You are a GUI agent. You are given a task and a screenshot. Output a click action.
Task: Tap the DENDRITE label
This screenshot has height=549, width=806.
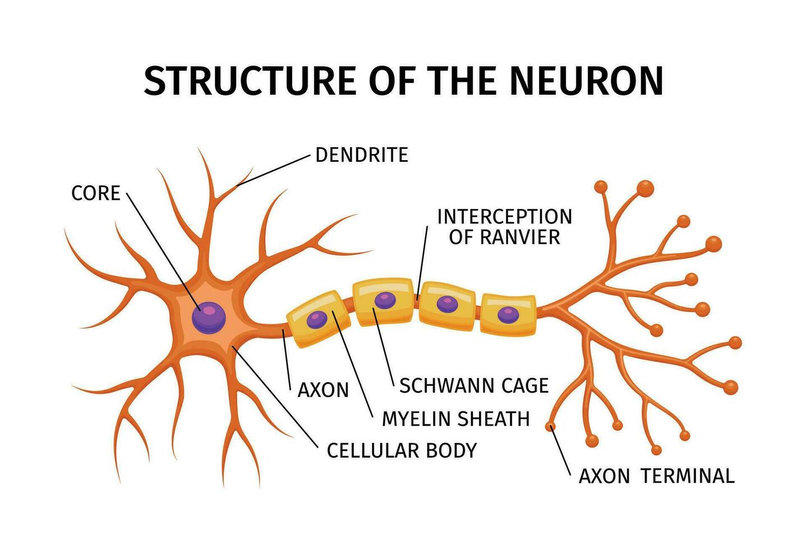362,155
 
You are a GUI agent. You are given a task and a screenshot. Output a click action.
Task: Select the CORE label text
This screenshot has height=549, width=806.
96,193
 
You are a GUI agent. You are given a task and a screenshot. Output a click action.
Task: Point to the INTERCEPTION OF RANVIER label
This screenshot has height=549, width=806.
504,226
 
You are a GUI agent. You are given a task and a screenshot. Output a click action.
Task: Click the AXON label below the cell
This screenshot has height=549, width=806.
323,390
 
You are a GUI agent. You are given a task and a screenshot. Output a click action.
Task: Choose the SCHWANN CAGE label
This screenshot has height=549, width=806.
474,385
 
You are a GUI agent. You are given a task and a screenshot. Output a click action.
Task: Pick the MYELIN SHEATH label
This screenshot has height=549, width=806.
455,418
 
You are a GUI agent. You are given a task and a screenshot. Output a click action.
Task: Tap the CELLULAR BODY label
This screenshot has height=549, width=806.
402,450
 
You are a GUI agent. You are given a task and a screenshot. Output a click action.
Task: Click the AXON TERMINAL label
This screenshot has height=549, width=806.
656,476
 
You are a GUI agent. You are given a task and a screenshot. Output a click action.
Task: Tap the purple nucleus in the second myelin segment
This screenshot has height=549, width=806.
385,300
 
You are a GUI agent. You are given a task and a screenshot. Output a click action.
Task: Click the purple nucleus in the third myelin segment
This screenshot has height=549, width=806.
447,304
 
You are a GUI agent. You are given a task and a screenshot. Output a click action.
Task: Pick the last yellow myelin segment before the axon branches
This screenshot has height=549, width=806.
508,314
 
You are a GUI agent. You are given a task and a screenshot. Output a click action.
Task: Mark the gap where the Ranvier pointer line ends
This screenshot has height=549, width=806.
417,303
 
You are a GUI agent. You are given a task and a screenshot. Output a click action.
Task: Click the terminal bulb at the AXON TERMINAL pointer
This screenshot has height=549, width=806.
550,427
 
